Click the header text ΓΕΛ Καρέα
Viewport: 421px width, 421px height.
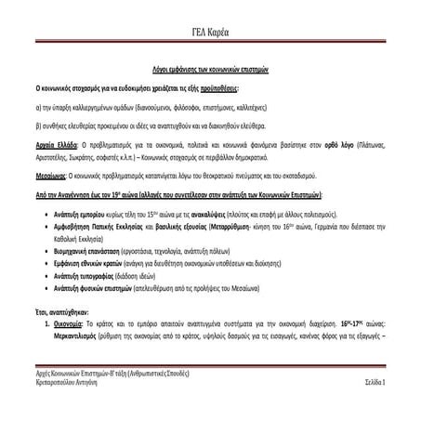point(209,33)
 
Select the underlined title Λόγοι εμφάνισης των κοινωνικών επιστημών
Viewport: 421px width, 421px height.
point(209,71)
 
